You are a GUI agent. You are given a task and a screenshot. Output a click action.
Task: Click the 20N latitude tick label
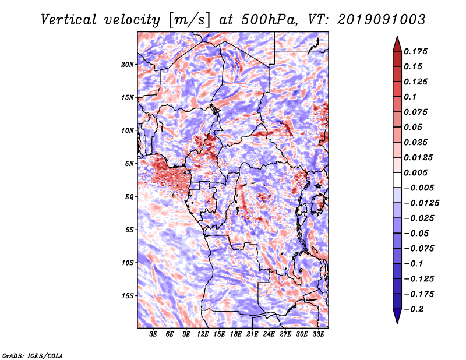tap(127, 64)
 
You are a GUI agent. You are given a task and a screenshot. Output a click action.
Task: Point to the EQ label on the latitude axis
tap(129, 197)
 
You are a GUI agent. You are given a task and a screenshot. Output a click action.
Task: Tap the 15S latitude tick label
tap(127, 296)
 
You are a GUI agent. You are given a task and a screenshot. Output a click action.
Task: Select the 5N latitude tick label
tap(129, 164)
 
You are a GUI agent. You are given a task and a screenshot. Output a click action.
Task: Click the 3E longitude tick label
tap(153, 334)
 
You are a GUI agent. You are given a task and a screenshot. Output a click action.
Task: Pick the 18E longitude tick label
tap(236, 334)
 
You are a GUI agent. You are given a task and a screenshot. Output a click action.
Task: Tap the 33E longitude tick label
tap(318, 334)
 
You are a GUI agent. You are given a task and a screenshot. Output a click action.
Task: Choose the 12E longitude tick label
tap(203, 334)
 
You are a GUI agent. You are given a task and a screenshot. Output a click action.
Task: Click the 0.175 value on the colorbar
tap(415, 51)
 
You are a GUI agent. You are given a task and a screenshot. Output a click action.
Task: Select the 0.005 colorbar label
tap(415, 172)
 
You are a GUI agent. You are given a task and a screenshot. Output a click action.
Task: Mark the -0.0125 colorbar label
tap(421, 203)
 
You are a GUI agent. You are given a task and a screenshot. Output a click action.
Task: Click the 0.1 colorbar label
tap(410, 97)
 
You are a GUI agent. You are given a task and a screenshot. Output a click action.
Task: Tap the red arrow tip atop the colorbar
tap(397, 36)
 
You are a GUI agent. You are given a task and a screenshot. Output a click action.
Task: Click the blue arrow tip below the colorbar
tap(397, 323)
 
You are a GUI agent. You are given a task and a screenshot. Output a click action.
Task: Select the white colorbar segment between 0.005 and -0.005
tap(397, 180)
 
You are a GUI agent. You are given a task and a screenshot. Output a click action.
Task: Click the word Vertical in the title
tap(68, 20)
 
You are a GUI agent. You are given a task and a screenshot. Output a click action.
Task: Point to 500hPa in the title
tap(269, 20)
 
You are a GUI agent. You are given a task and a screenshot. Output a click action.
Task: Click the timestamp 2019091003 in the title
tap(382, 20)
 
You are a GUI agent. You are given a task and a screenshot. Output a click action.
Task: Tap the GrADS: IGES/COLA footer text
tap(33, 355)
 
